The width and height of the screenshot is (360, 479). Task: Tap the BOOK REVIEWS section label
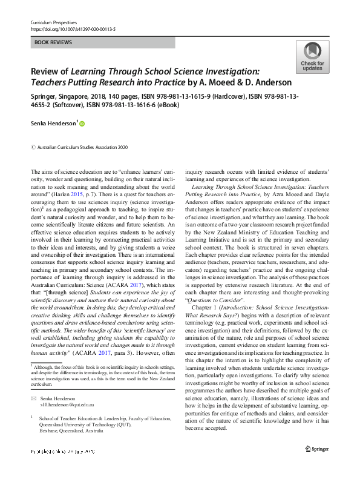(54, 42)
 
